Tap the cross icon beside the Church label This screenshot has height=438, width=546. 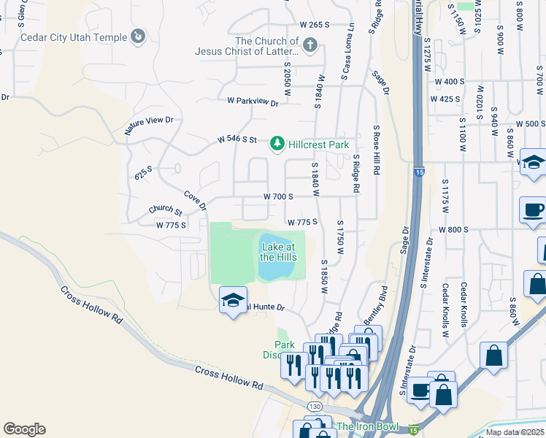[309, 47]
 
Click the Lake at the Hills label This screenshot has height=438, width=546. [278, 252]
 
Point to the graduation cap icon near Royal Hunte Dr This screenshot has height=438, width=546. [233, 301]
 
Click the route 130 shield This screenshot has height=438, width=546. [315, 406]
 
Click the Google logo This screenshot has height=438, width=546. [24, 429]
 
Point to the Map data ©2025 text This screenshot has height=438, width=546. [515, 432]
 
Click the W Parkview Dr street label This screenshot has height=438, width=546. [253, 103]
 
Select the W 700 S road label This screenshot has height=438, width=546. [278, 197]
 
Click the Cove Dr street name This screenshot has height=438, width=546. [196, 199]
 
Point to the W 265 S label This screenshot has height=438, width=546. [304, 25]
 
